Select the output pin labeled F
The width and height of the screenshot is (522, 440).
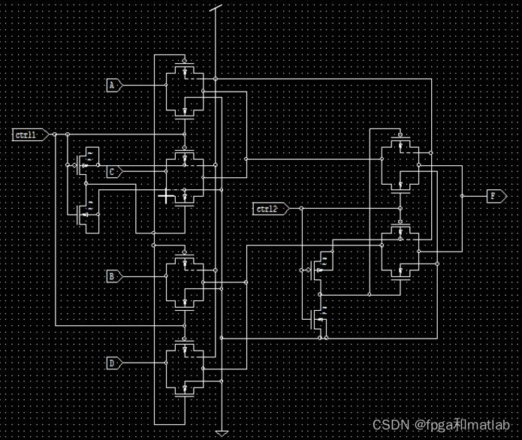click(494, 196)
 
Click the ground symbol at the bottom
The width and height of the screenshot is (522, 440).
click(222, 432)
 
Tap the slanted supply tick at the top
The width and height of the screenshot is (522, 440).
click(216, 11)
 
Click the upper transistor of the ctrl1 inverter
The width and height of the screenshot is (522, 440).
click(87, 158)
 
